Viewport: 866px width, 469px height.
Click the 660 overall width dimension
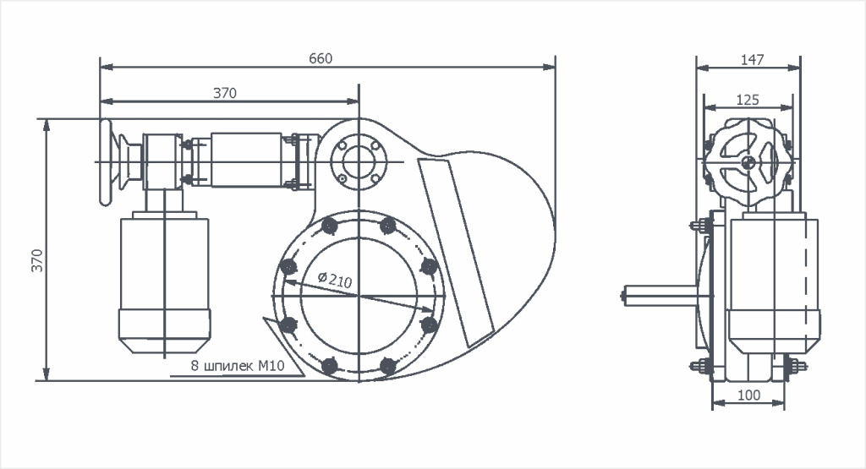(321, 58)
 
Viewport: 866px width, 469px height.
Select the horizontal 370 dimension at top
(224, 93)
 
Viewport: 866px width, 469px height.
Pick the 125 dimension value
(748, 99)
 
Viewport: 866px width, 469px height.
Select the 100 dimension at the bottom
(748, 395)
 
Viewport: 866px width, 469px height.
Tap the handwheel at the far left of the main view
(106, 161)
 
